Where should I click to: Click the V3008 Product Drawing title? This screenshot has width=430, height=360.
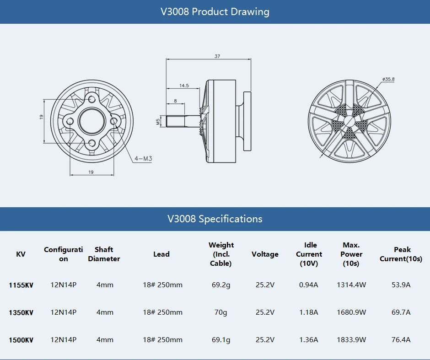pyautogui.click(x=215, y=11)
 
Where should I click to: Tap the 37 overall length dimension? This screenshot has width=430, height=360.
pyautogui.click(x=217, y=56)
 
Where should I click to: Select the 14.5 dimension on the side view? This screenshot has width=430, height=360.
pyautogui.click(x=184, y=86)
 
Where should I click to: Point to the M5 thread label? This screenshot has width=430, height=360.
pyautogui.click(x=158, y=121)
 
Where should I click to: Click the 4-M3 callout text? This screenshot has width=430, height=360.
pyautogui.click(x=143, y=159)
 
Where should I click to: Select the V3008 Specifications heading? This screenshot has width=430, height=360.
pyautogui.click(x=215, y=219)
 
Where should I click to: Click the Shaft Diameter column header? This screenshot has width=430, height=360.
pyautogui.click(x=104, y=254)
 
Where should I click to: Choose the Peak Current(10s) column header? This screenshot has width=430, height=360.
pyautogui.click(x=401, y=254)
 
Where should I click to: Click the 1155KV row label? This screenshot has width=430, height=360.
pyautogui.click(x=21, y=285)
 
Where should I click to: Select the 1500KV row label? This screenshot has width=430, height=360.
pyautogui.click(x=21, y=340)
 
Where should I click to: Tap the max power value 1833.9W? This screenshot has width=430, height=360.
pyautogui.click(x=351, y=340)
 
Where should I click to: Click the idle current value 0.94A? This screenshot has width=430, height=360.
pyautogui.click(x=308, y=285)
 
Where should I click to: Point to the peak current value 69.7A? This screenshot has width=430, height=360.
pyautogui.click(x=401, y=312)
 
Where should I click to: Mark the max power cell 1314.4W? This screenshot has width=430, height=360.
pyautogui.click(x=351, y=285)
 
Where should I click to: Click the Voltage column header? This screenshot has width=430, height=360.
pyautogui.click(x=265, y=254)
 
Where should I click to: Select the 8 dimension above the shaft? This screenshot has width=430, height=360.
pyautogui.click(x=175, y=101)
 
